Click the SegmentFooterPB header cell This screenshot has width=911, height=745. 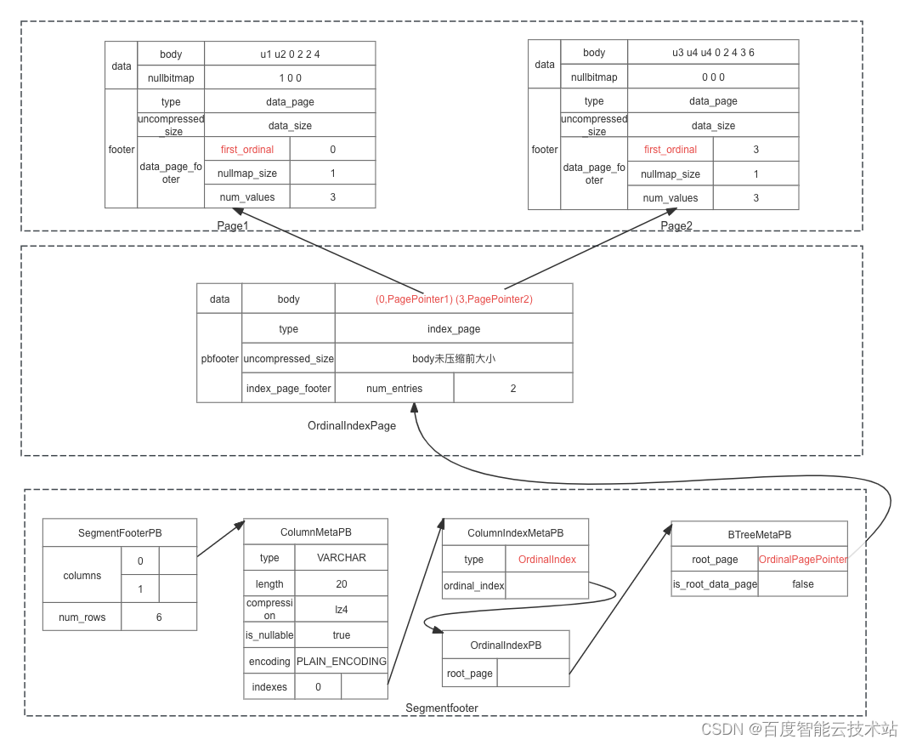(x=120, y=533)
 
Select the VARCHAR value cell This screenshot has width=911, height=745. (x=341, y=558)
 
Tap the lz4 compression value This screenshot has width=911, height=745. (x=341, y=609)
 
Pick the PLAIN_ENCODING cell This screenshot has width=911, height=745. (x=341, y=661)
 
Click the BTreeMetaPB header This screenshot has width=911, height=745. (x=759, y=534)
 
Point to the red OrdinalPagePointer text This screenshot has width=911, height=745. (x=802, y=559)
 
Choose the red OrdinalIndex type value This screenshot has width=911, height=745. (x=547, y=559)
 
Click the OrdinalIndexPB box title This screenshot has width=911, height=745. (x=506, y=645)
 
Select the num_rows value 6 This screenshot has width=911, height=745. (x=159, y=617)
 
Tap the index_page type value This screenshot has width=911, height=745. (x=453, y=328)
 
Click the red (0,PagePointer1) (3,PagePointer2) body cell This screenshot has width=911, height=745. (x=453, y=299)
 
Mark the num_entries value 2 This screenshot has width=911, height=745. (x=512, y=388)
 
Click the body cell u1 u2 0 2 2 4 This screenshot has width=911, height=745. (x=290, y=54)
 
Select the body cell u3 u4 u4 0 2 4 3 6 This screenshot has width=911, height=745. (x=713, y=53)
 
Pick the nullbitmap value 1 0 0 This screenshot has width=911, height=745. (x=290, y=77)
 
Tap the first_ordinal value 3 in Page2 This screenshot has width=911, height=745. (x=755, y=149)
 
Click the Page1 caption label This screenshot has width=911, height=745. (x=232, y=225)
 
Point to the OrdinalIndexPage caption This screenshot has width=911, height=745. (x=352, y=425)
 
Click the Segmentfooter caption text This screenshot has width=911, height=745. (x=441, y=708)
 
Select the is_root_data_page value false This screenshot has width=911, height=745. (x=802, y=583)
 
